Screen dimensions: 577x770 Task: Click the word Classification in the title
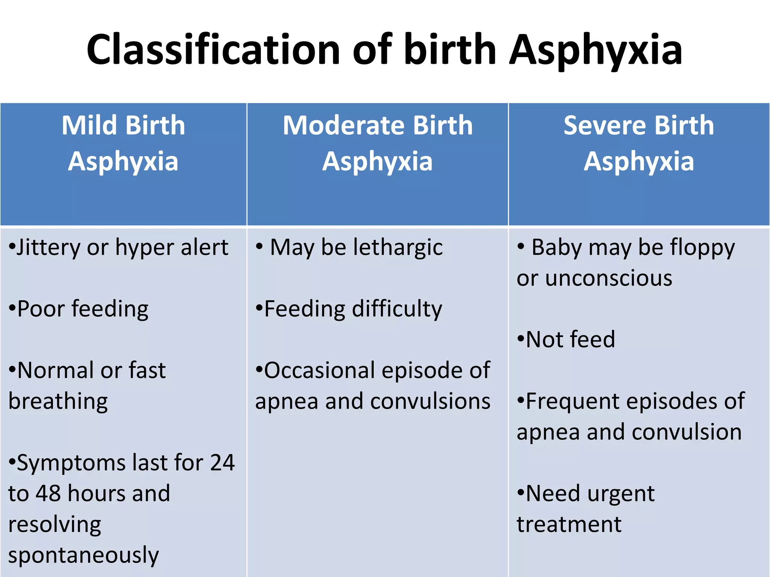point(213,50)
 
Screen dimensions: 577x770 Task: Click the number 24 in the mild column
point(222,463)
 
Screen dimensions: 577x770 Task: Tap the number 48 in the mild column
point(48,494)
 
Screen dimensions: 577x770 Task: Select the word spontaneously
point(83,555)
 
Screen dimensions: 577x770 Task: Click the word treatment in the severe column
point(569,524)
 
